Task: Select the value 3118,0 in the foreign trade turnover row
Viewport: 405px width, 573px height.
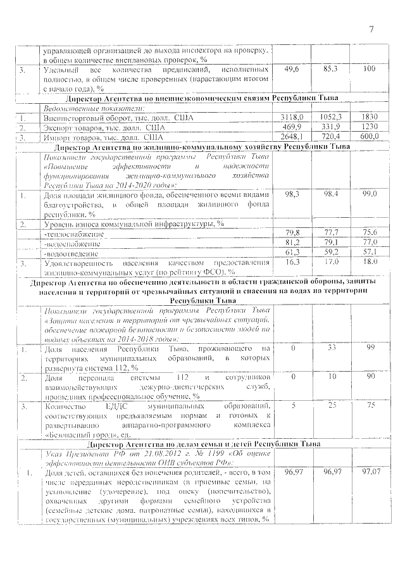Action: coord(292,118)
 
